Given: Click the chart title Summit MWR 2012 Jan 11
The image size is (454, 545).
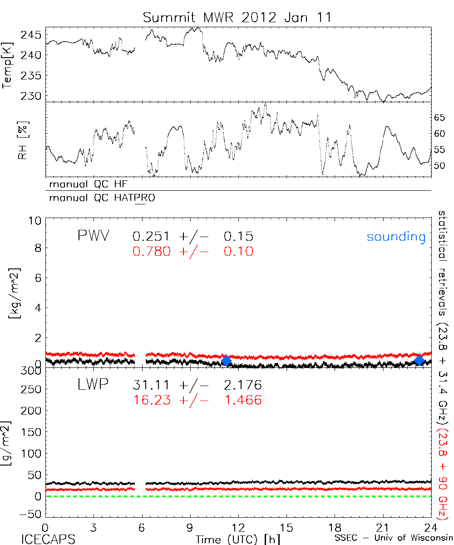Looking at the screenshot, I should coord(237,18).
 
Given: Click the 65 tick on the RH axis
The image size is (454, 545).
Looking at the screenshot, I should coord(440,118).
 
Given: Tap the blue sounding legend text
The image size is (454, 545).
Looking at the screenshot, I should coord(396,237).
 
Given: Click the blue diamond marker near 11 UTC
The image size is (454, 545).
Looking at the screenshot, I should coord(226,361).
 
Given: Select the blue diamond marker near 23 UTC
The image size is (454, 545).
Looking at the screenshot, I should coord(419,360).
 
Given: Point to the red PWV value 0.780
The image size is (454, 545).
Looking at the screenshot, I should coord(152,251).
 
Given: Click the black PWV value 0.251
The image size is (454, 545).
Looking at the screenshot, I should coord(152,237).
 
